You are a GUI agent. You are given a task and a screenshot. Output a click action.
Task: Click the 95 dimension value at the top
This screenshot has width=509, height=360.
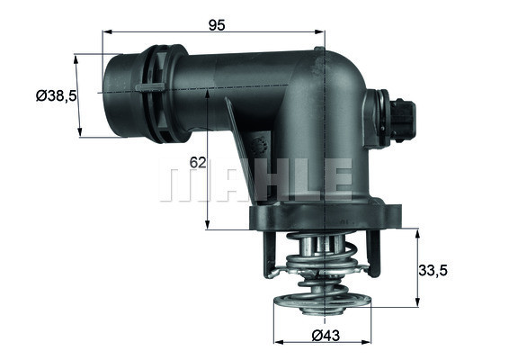pos(216,23)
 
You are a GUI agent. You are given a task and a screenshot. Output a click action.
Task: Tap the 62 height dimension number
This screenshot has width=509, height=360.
pos(198,162)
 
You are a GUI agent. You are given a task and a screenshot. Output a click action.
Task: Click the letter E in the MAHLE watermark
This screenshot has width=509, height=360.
pos(337,180)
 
